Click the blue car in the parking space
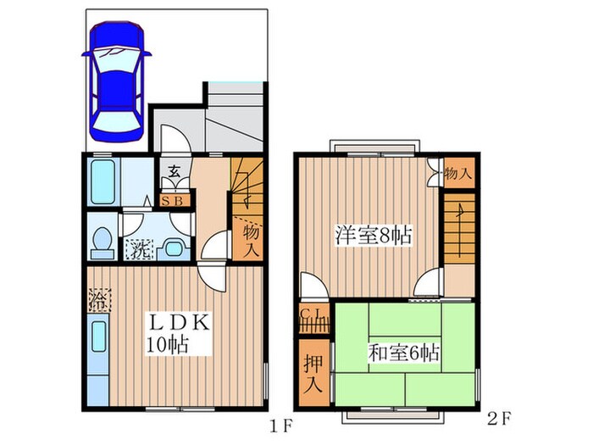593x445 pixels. click(x=117, y=81)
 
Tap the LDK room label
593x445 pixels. click(x=179, y=323)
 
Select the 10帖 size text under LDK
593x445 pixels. click(x=167, y=344)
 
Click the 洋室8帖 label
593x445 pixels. click(x=374, y=235)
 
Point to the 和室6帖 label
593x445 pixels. click(x=404, y=353)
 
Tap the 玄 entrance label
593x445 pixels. click(x=174, y=171)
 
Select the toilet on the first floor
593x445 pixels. click(x=103, y=243)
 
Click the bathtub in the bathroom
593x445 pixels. click(x=103, y=182)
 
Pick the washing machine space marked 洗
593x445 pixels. click(x=139, y=249)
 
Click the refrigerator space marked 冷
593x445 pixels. click(x=99, y=300)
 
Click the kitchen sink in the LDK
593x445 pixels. click(x=98, y=337)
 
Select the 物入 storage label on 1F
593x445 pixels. click(x=251, y=240)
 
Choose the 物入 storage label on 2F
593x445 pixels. click(x=458, y=174)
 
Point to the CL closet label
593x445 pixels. click(x=312, y=314)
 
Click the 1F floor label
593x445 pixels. click(x=281, y=427)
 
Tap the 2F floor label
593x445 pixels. click(x=499, y=419)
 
